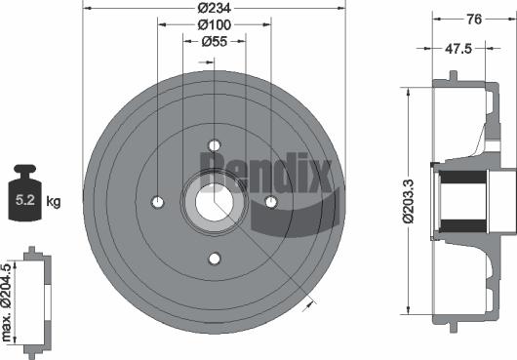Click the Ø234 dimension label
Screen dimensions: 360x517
coord(215,8)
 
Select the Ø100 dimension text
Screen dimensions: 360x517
coord(215,24)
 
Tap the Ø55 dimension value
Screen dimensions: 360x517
coord(215,42)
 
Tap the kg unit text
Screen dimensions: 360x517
coord(54,202)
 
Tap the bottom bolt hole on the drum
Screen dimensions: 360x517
coord(215,259)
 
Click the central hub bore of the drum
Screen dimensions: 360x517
coord(215,202)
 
